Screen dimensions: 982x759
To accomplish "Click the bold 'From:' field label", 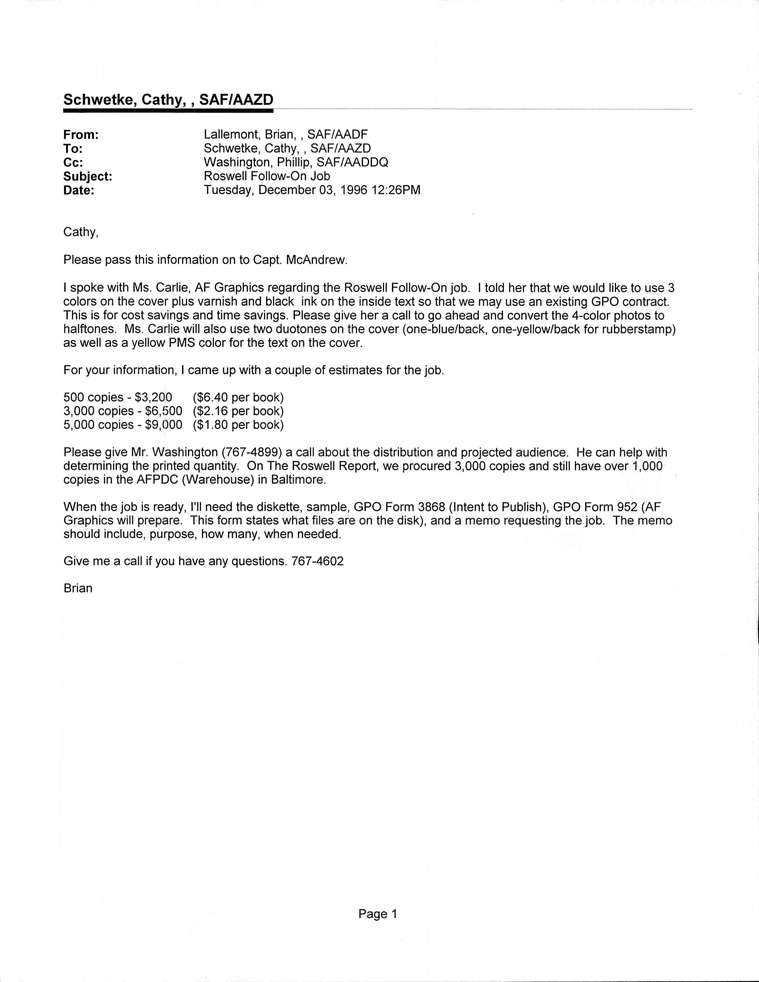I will click(81, 135).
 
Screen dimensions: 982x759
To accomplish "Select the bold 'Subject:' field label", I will click(88, 177).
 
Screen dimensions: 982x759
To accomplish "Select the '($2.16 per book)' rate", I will click(238, 411).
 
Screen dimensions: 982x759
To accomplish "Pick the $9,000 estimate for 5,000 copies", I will click(164, 425).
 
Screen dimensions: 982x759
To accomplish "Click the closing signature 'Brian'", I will click(78, 588).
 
